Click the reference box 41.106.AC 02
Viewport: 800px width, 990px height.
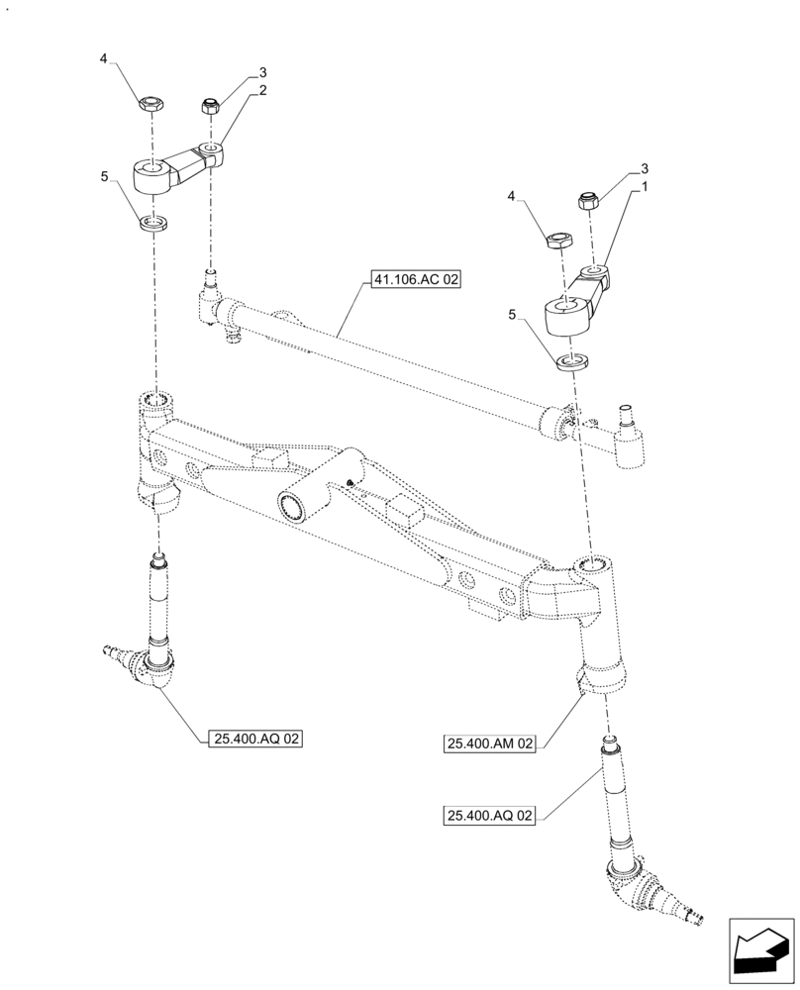[417, 280]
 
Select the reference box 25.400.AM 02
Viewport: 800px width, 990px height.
[490, 742]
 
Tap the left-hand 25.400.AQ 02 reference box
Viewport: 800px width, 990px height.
[255, 738]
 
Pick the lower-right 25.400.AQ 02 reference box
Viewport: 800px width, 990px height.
[490, 816]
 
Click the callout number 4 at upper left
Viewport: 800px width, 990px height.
[104, 60]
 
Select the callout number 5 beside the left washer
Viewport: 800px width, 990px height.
[104, 177]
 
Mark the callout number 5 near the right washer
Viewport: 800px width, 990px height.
[511, 315]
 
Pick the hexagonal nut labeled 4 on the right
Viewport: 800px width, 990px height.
[557, 240]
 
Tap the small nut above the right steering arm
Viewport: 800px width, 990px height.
[586, 201]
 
